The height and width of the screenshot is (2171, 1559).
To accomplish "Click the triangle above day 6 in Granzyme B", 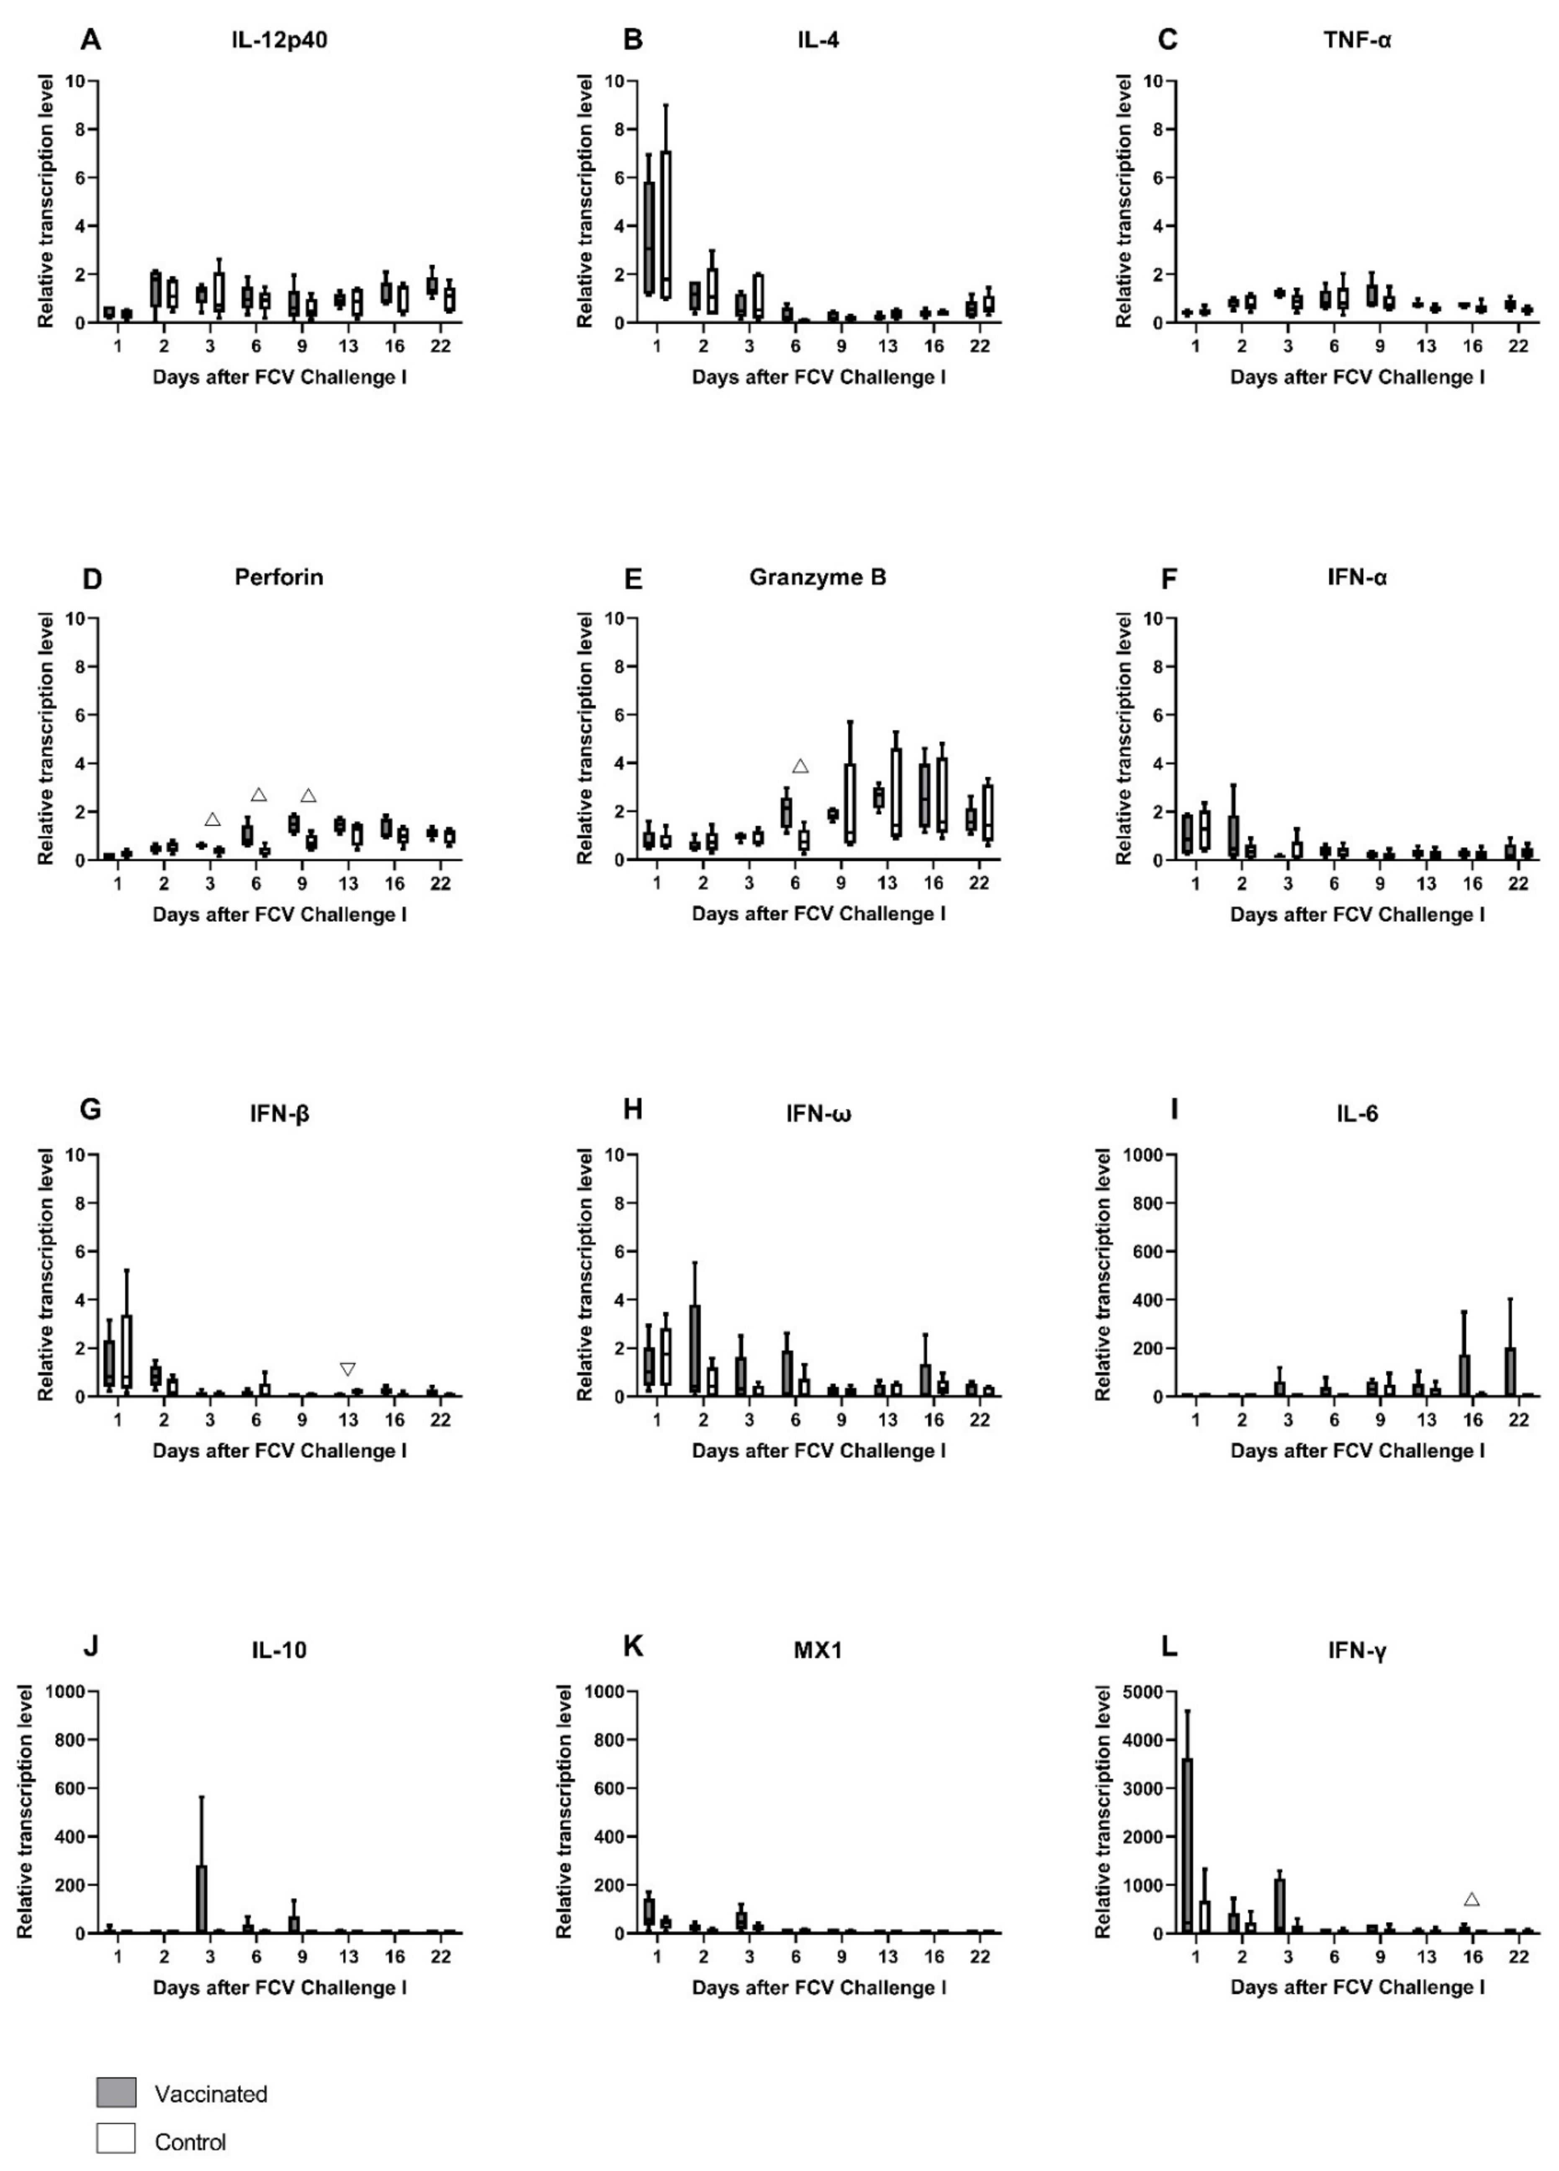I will (800, 766).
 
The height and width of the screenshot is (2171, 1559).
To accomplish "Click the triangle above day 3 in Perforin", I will (213, 819).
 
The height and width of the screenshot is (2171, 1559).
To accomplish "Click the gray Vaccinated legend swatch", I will (116, 2092).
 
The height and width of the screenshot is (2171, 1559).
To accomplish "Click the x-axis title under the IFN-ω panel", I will (819, 1451).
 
